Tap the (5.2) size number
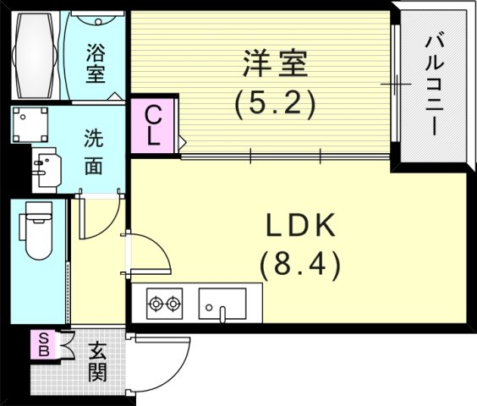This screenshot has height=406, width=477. (x=274, y=103)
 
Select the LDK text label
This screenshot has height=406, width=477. (x=302, y=226)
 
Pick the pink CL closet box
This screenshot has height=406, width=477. (x=153, y=126)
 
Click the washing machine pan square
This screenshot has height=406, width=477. (x=31, y=125)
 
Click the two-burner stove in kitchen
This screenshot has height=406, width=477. (x=164, y=302)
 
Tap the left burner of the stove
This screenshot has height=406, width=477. (x=156, y=302)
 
